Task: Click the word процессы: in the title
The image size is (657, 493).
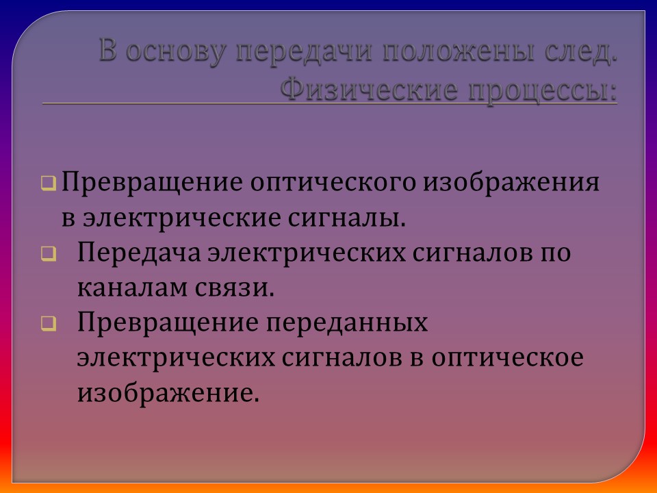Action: click(541, 89)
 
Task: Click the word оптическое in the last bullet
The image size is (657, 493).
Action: click(504, 357)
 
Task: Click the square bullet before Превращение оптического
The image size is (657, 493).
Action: click(49, 184)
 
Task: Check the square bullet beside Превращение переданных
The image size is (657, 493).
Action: click(49, 323)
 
